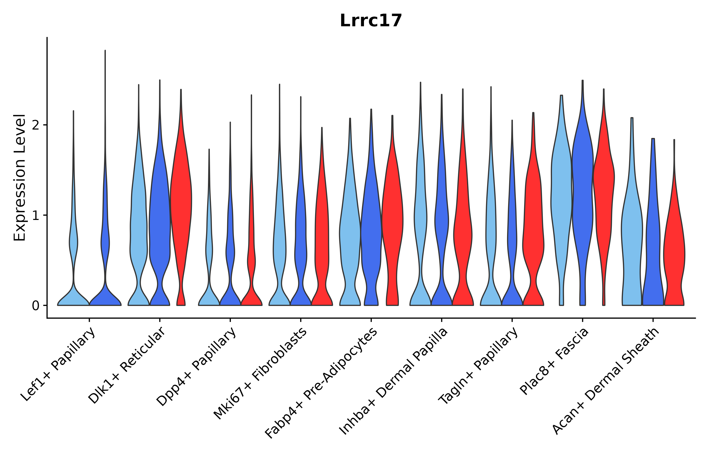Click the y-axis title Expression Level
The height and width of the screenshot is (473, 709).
pos(20,178)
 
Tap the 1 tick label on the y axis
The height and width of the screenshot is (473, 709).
pos(35,215)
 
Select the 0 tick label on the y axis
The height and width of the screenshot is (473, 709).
pos(35,306)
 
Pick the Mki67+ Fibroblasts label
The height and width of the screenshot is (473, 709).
pos(261,374)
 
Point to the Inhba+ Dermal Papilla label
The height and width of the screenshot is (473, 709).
pos(393,382)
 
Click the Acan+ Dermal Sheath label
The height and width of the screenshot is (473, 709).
pos(606,382)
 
